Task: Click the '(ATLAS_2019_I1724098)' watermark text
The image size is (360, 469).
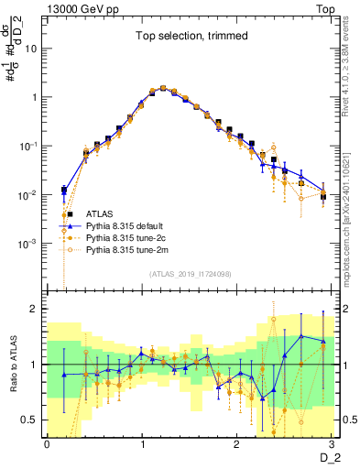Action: point(191,274)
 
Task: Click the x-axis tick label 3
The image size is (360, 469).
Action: point(333,444)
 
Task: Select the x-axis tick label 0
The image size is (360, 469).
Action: point(47,444)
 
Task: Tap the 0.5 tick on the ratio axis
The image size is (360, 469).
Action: point(32,420)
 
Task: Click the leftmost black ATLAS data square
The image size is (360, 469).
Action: point(63,191)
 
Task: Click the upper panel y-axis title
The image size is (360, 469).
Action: point(13,60)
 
